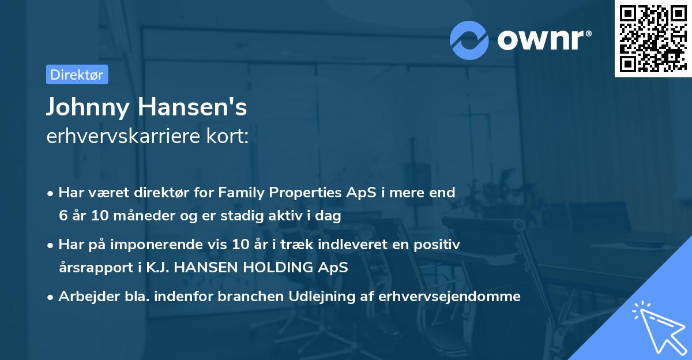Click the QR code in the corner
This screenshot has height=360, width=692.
pos(652,39)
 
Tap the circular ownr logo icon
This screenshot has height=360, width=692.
pos(469,40)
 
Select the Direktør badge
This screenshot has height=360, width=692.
pos(77,74)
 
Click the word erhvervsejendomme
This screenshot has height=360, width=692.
pos(449,297)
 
